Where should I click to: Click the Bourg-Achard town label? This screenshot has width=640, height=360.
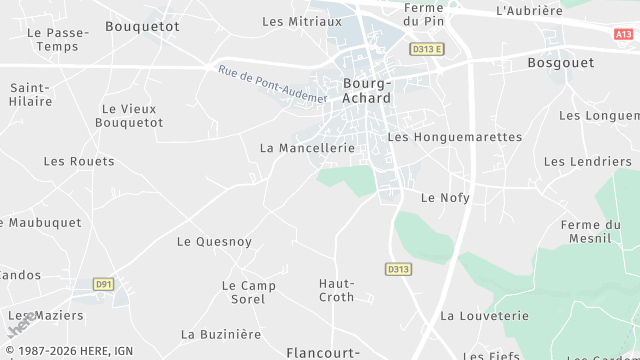(x=366, y=91)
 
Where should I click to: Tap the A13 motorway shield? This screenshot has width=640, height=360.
(x=624, y=33)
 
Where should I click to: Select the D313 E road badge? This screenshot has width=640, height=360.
(x=426, y=48)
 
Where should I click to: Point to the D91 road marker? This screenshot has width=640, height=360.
(x=103, y=284)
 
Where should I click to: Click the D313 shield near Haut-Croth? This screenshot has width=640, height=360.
(x=398, y=269)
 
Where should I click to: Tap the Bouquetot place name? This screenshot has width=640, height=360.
(x=142, y=26)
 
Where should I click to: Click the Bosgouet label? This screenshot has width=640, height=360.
(x=560, y=62)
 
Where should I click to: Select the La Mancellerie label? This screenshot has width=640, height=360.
(x=307, y=147)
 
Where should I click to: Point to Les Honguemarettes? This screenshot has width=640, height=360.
(x=454, y=136)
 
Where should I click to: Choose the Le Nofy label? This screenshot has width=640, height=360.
(x=445, y=197)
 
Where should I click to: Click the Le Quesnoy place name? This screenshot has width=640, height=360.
(x=214, y=241)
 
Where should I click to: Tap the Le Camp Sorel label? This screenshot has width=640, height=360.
(x=248, y=292)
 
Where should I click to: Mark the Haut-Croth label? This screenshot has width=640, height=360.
(x=336, y=290)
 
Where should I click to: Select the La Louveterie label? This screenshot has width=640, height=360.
(x=484, y=315)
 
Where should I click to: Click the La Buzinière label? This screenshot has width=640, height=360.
(x=221, y=334)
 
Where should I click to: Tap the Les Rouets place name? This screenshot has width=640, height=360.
(x=79, y=161)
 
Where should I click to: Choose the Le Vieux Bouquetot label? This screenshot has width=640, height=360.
(x=132, y=115)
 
